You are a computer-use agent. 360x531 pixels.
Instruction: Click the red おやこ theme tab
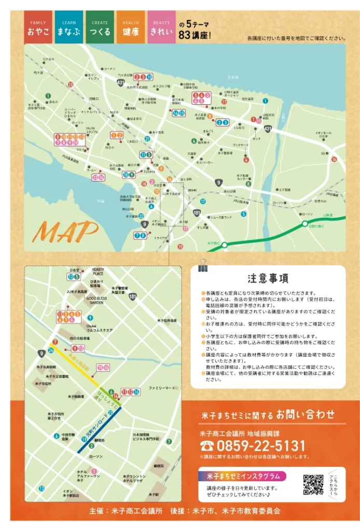pyautogui.click(x=38, y=27)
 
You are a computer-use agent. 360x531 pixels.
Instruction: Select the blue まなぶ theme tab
pyautogui.click(x=69, y=27)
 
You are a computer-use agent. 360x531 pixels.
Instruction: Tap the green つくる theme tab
pyautogui.click(x=100, y=27)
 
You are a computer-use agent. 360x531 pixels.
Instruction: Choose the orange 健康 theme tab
pyautogui.click(x=131, y=27)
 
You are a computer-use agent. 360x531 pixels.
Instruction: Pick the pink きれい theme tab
pyautogui.click(x=161, y=27)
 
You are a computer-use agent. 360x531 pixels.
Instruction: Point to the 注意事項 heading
pyautogui.click(x=268, y=278)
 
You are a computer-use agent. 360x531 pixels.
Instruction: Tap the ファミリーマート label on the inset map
pyautogui.click(x=162, y=387)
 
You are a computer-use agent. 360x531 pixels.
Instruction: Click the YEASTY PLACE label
pyautogui.click(x=98, y=271)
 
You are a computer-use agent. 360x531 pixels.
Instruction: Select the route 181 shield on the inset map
pyautogui.click(x=133, y=296)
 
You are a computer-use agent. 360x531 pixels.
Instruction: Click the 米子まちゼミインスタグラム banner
pyautogui.click(x=243, y=476)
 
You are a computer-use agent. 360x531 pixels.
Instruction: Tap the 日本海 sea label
pyautogui.click(x=233, y=78)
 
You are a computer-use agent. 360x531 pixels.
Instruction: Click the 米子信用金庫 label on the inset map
pyautogui.click(x=167, y=320)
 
